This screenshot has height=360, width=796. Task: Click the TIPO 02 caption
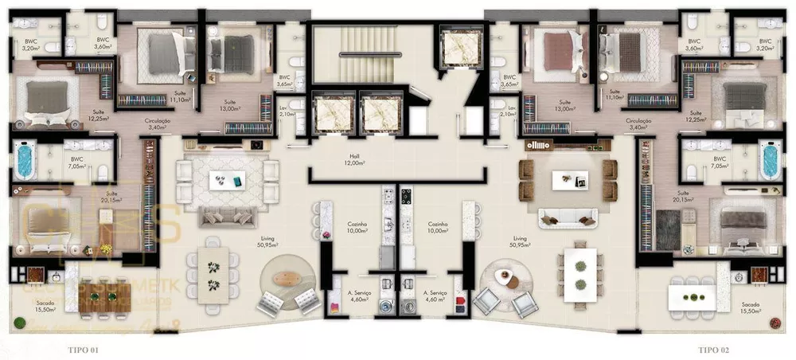click(715, 349)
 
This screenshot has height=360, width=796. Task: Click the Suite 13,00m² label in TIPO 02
click(566, 106)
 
